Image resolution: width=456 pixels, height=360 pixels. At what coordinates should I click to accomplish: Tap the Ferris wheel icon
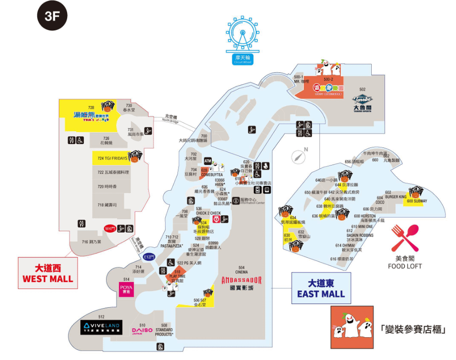click(243, 36)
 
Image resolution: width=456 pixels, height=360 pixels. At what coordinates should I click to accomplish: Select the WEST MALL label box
click(48, 273)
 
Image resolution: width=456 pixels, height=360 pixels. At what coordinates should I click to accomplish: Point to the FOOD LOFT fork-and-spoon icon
click(405, 238)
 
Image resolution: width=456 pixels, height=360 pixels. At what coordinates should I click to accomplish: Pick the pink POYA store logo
click(127, 289)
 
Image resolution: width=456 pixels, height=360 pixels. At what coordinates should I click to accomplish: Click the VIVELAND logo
click(101, 327)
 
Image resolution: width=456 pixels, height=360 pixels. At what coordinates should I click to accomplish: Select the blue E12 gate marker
click(149, 257)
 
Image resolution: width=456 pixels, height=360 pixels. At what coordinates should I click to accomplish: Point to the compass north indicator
click(298, 156)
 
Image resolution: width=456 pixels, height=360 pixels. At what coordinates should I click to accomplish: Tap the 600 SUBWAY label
click(417, 201)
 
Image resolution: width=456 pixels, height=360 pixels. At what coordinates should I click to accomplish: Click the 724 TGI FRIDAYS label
click(112, 158)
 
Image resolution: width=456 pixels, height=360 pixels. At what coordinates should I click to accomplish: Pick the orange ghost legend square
click(351, 327)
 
